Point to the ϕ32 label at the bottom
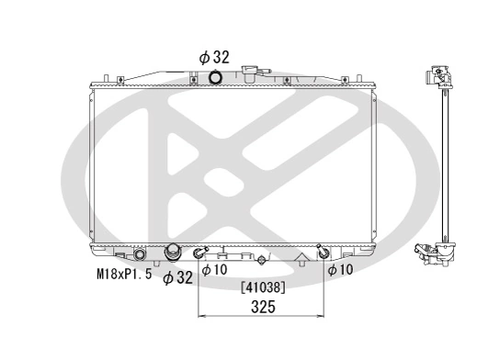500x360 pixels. [x=177, y=277]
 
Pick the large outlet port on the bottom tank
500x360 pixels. [x=172, y=253]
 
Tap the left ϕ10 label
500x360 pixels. [x=213, y=270]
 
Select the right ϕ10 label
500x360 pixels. [x=341, y=270]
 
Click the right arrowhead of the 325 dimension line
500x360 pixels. [x=323, y=317]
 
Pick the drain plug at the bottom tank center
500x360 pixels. [x=263, y=262]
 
